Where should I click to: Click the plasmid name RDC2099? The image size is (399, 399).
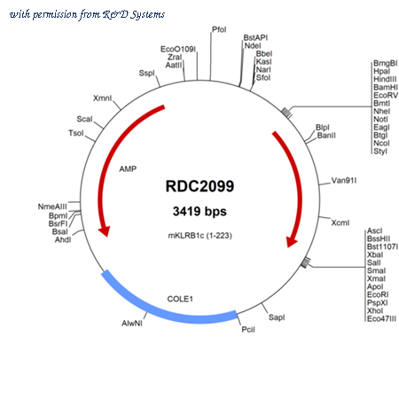199,186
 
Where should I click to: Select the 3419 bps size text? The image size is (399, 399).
199,211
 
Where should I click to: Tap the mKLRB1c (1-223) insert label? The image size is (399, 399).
200,236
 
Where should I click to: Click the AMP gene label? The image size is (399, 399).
128,168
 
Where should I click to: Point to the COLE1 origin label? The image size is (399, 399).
180,299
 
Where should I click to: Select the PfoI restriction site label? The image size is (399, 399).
219,29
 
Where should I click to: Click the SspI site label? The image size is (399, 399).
147,73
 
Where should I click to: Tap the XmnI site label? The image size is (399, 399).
103,98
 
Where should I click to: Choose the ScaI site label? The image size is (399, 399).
84,119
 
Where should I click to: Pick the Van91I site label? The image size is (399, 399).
344,180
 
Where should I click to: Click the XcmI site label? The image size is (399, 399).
340,223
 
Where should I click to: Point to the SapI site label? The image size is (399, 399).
277,317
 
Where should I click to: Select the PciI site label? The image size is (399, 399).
248,329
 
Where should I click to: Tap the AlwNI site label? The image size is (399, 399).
132,324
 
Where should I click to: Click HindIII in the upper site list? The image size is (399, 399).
385,79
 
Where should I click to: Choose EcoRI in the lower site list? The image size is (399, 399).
378,294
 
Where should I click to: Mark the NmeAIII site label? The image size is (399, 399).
52,207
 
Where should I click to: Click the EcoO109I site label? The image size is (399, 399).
178,49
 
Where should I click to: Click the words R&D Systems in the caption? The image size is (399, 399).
134,14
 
